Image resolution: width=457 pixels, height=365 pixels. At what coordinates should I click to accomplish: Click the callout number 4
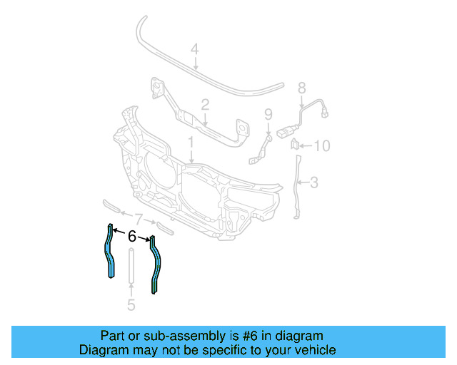[x=194, y=49]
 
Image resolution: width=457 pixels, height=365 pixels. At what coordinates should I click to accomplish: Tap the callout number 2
[x=205, y=105]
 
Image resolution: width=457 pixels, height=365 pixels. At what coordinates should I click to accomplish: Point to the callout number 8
[x=301, y=88]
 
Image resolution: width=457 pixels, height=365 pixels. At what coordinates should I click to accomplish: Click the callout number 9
[x=268, y=114]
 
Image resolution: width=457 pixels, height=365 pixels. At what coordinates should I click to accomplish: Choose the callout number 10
[x=322, y=146]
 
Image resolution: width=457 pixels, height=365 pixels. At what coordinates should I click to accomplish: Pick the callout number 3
[x=313, y=182]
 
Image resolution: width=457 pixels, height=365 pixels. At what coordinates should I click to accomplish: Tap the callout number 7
[x=139, y=218]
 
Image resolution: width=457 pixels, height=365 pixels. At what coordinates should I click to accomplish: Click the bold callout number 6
[x=132, y=237]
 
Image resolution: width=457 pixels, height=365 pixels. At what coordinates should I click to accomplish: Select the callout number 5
[x=131, y=306]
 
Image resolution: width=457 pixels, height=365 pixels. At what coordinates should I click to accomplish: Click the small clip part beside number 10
[x=294, y=145]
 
